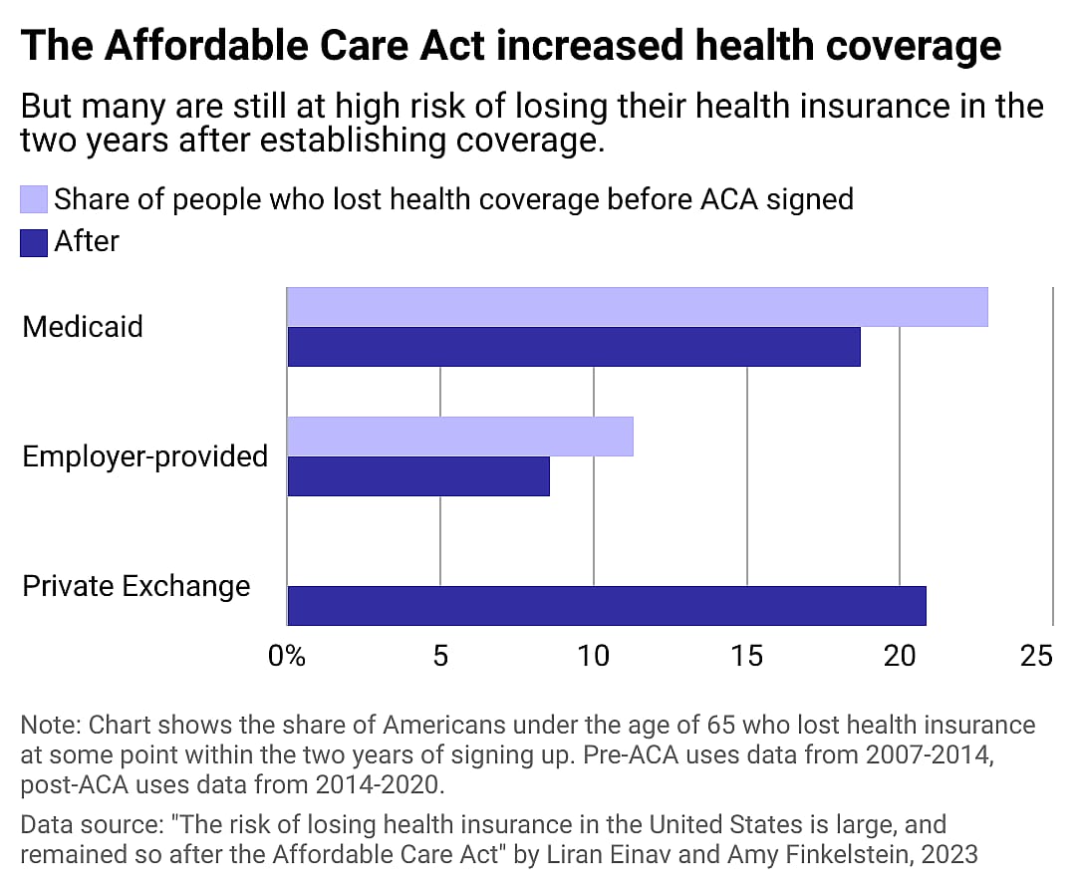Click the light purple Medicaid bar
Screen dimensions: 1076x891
pos(638,307)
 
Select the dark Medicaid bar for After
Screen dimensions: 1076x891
pos(574,347)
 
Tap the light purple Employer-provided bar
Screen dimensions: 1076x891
pos(459,436)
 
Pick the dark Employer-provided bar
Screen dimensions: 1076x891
pos(418,476)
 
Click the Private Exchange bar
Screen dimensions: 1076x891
pos(607,605)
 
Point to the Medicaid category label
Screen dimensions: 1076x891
pos(83,327)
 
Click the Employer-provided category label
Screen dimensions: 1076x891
pos(144,456)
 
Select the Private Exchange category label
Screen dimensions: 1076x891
pos(135,587)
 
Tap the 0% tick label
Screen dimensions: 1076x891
pos(287,656)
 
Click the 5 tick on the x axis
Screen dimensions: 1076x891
pos(440,656)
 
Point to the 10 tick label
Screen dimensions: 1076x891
pos(594,656)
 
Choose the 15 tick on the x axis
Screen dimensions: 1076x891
pos(746,656)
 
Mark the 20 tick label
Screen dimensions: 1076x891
pos(900,656)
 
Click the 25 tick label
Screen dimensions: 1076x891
pos(1036,656)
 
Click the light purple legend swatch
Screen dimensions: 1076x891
pos(34,199)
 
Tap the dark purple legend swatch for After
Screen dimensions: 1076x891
pos(34,243)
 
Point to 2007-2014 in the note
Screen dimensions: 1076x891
pos(930,755)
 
